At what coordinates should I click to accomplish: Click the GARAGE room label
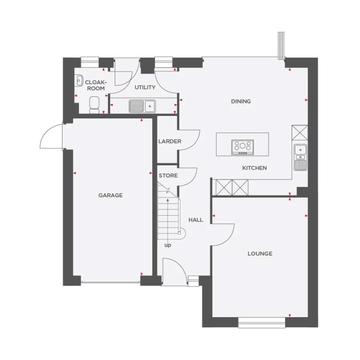coord(110,195)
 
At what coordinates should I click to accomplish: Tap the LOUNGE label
coord(260,253)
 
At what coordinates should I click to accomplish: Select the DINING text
coord(241,101)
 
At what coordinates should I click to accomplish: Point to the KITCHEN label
coord(254,168)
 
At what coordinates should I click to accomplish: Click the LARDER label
coord(170,141)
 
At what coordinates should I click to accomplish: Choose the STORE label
coord(168,176)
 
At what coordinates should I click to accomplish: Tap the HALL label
coord(196,220)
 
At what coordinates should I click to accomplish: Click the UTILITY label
coord(145,87)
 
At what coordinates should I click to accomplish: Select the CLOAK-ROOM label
coord(95,85)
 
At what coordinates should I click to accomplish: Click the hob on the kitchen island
coord(242,147)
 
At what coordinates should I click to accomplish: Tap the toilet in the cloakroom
coord(94,104)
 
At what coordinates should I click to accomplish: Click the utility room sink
coord(142,106)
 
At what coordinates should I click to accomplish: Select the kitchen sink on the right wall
coord(300,157)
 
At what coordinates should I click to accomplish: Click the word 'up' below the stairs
coord(168,245)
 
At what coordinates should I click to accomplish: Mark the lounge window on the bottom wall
coord(262,323)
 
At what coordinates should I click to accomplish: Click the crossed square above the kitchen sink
coord(300,132)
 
